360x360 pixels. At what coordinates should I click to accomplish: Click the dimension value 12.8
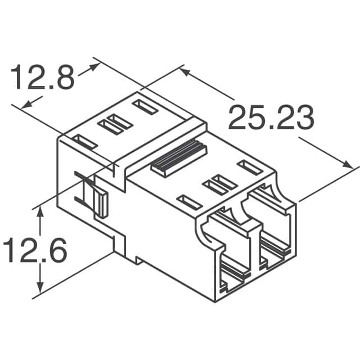[43, 77]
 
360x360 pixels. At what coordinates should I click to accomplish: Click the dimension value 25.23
[271, 118]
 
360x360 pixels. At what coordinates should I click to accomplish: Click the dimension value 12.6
[35, 250]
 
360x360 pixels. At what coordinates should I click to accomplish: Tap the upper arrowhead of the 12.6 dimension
[40, 211]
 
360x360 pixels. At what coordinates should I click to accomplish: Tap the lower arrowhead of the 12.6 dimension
[40, 287]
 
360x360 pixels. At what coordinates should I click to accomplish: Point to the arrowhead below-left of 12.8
[26, 105]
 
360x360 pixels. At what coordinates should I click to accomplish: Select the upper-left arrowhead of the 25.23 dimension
[185, 71]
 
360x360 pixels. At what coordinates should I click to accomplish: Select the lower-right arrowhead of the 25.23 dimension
[348, 165]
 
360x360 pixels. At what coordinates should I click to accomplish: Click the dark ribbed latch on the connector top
[179, 158]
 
